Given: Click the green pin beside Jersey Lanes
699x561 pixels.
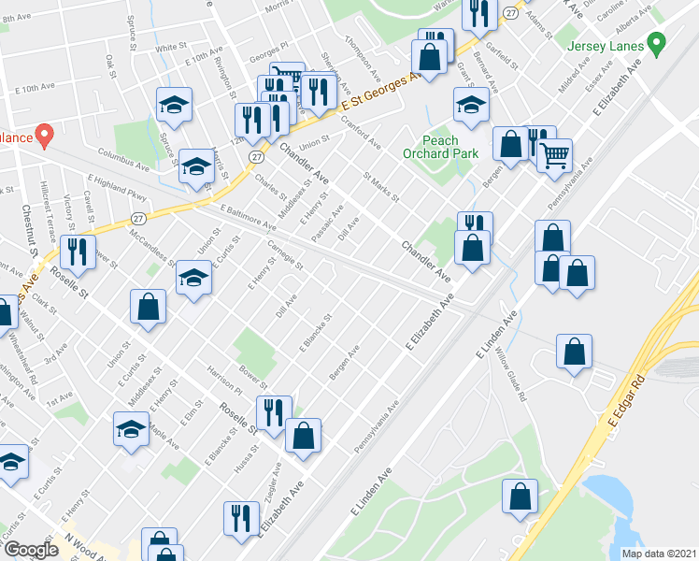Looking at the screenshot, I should coord(656,44).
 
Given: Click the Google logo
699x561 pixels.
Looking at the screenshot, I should coord(31,550).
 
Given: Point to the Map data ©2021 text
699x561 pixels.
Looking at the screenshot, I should coord(658,553).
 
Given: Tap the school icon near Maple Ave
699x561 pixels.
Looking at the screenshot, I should coord(131,428).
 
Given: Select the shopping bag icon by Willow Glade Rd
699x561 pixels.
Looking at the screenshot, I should coord(574,352).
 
